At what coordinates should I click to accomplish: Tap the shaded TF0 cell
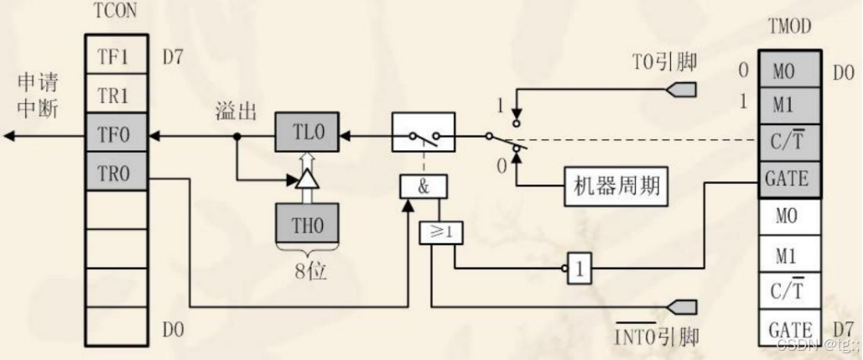click(117, 133)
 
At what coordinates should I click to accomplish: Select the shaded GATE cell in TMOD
click(786, 179)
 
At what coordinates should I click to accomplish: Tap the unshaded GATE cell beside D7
click(786, 328)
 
